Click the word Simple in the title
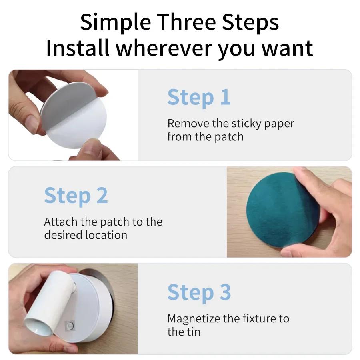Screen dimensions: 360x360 point(116,22)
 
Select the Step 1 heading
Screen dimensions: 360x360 point(199,98)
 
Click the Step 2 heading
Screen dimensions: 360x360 point(76,196)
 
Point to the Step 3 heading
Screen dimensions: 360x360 point(199,292)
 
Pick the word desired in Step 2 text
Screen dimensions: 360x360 point(63,235)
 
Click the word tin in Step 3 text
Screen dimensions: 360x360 point(194,332)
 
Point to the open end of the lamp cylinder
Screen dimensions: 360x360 point(38,325)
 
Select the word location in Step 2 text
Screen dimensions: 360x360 point(106,235)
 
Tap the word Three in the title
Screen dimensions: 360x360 point(187,22)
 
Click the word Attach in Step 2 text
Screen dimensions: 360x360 point(61,222)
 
